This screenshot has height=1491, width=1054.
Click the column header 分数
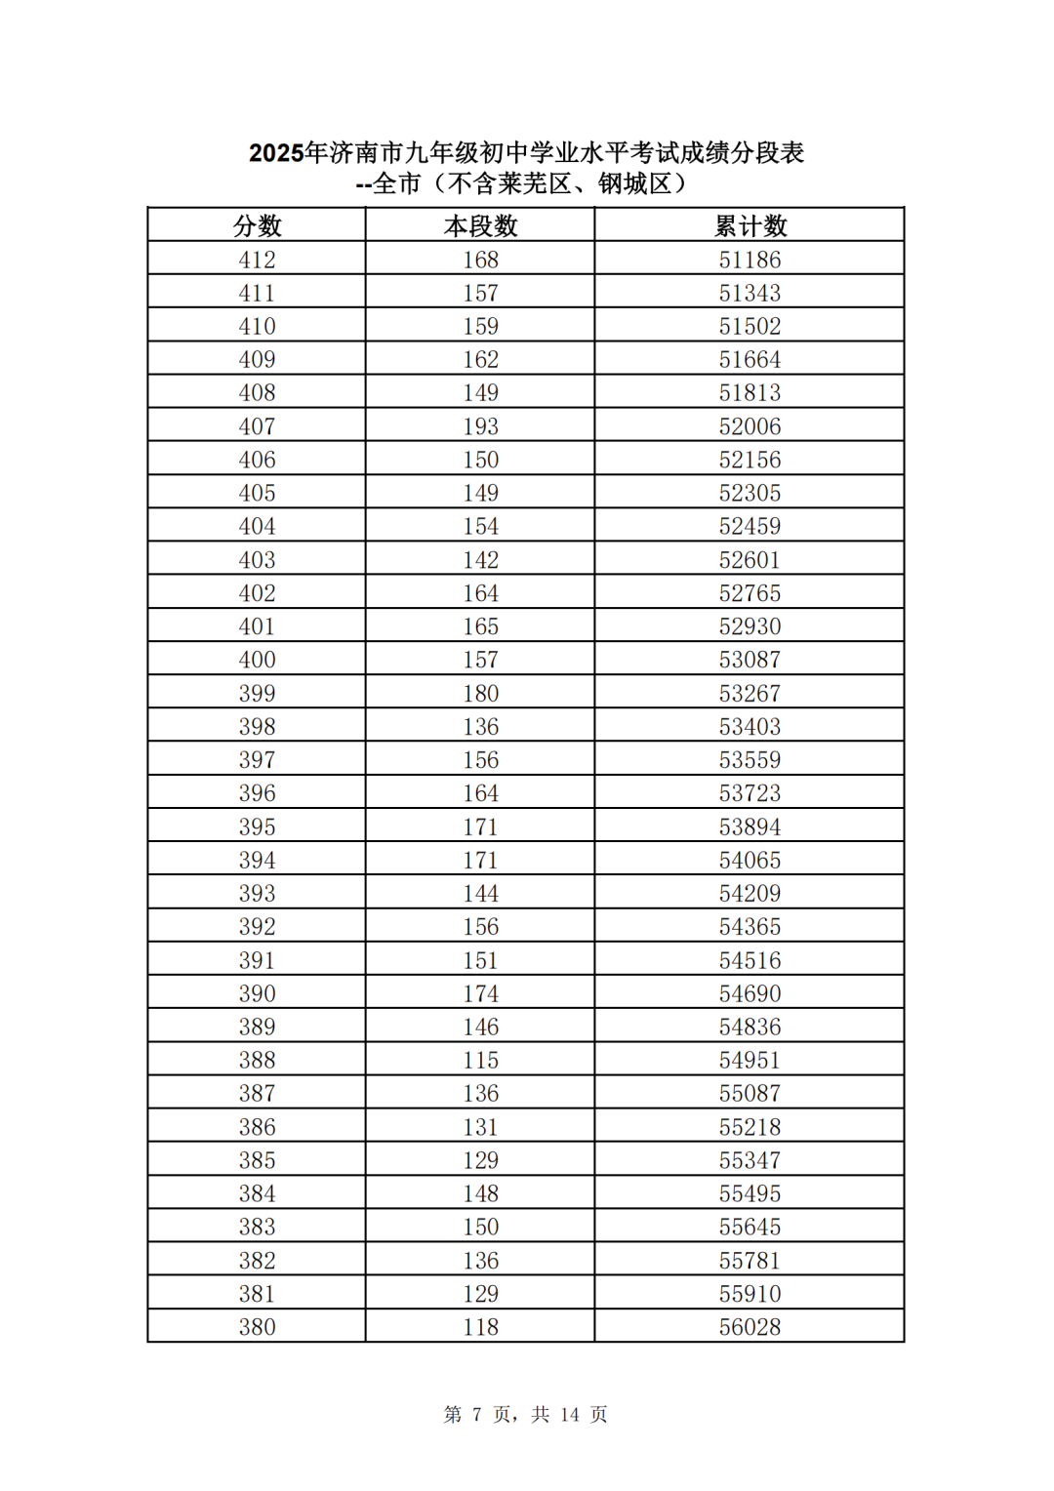(257, 226)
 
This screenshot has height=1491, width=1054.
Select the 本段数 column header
(480, 226)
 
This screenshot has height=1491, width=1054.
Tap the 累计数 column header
(750, 226)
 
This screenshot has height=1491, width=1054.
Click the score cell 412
(257, 260)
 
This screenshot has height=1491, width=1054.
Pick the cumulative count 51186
(750, 260)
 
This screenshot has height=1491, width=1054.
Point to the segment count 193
(480, 426)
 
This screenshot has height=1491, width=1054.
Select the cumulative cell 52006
(750, 426)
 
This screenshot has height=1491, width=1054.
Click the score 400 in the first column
(257, 660)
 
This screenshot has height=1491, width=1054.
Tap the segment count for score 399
(480, 694)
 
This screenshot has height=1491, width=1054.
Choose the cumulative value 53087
(750, 660)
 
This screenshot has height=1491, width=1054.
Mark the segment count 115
(480, 1060)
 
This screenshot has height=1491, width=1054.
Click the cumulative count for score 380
(750, 1327)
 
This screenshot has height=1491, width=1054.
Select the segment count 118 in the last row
(480, 1327)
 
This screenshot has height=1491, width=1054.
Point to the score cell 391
(257, 960)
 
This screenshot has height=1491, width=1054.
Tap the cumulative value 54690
(750, 993)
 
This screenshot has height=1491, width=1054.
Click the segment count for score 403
(480, 560)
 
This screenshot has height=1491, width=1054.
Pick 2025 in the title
(276, 153)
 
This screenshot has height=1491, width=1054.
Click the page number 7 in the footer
(476, 1415)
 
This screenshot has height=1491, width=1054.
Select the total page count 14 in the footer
(570, 1415)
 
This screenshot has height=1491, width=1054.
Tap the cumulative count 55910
(750, 1294)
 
